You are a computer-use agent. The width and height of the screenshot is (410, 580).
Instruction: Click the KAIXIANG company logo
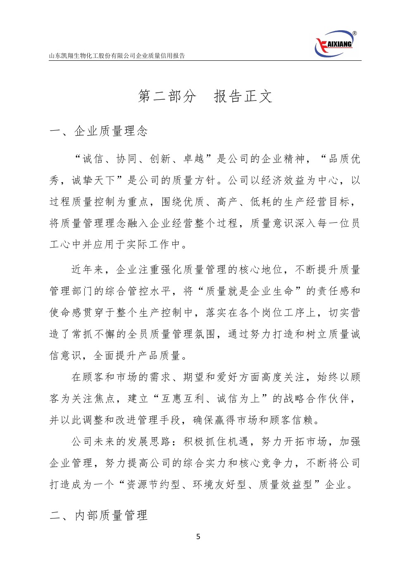pyautogui.click(x=334, y=43)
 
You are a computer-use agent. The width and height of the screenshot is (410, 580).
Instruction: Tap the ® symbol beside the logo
pyautogui.click(x=355, y=33)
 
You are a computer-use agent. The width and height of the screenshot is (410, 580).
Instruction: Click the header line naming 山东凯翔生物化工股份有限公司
pyautogui.click(x=117, y=56)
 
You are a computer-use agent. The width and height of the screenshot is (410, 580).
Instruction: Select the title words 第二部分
pyautogui.click(x=167, y=96)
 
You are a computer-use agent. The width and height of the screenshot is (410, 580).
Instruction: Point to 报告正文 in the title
pyautogui.click(x=243, y=96)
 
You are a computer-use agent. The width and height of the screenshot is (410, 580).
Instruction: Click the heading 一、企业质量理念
pyautogui.click(x=99, y=131)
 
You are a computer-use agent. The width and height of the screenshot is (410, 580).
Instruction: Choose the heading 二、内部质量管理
pyautogui.click(x=99, y=515)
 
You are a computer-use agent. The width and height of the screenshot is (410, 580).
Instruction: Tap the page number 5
pyautogui.click(x=198, y=537)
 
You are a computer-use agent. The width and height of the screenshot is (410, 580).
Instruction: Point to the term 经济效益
pyautogui.click(x=289, y=180)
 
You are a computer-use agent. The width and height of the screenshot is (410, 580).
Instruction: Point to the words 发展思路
pyautogui.click(x=149, y=442)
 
